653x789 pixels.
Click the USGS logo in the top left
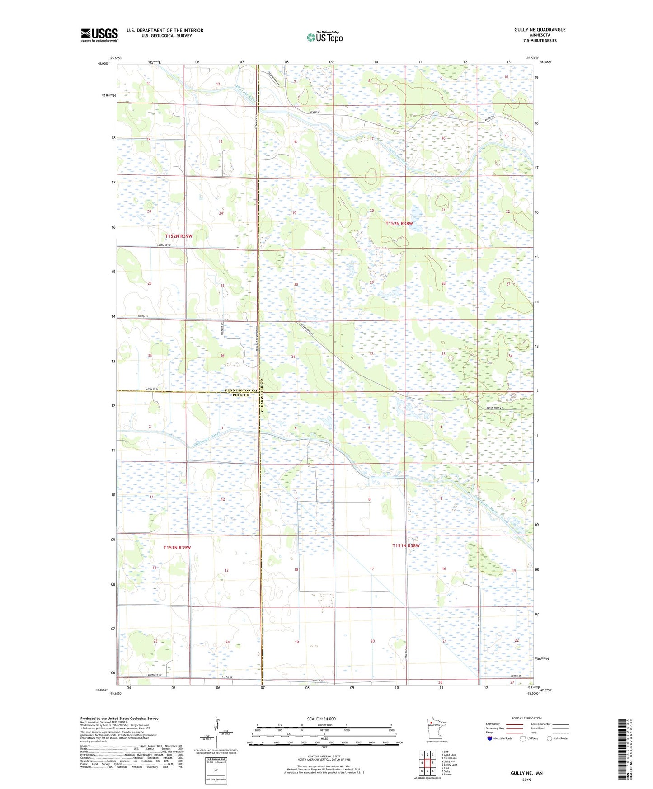[x=99, y=35]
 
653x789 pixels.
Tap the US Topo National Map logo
[x=324, y=37]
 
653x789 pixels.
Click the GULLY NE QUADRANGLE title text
[x=540, y=30]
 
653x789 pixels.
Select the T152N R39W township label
[x=179, y=236]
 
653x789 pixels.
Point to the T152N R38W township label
[x=399, y=224]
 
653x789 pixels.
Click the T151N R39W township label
[x=177, y=547]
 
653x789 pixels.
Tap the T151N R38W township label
[x=406, y=545]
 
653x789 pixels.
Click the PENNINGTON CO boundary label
[x=241, y=390]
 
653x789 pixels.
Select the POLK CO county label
[x=240, y=395]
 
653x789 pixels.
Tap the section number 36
[x=222, y=356]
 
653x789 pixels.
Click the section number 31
[x=293, y=357]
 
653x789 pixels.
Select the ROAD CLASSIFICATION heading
[x=526, y=718]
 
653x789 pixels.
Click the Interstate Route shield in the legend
[x=490, y=738]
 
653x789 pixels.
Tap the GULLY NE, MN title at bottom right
[x=526, y=773]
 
